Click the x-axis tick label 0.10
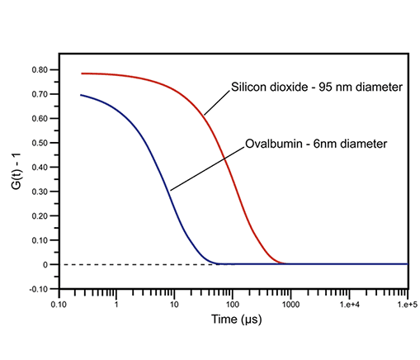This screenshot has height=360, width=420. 58,305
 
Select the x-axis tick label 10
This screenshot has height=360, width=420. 174,305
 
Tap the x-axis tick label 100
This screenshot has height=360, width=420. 233,305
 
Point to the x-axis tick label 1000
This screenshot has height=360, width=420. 290,305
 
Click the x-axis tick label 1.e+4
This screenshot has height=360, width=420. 349,305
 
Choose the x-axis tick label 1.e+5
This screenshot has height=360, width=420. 405,305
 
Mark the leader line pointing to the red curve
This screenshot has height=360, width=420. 217,101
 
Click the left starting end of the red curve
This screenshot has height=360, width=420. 83,73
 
